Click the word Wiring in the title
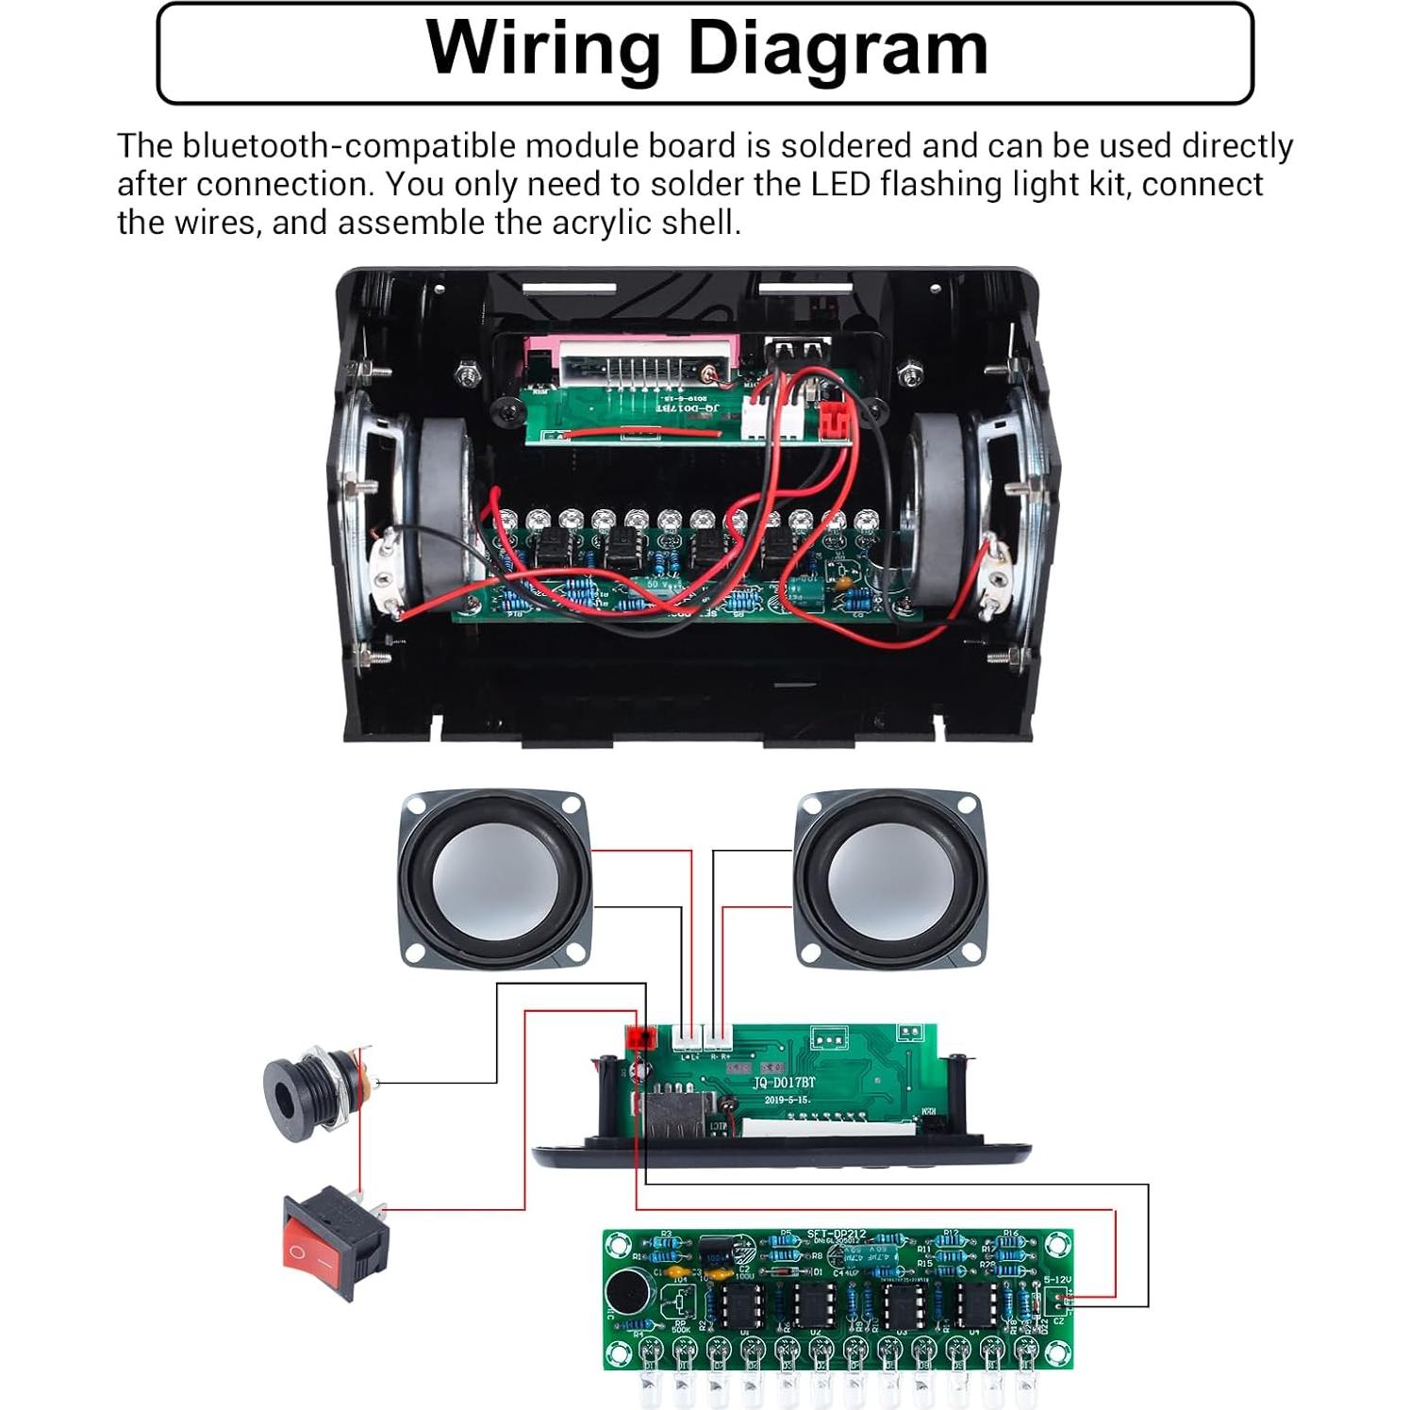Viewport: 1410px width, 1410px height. [x=541, y=49]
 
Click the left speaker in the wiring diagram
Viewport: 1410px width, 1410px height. [x=494, y=879]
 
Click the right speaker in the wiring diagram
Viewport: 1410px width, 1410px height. [x=888, y=879]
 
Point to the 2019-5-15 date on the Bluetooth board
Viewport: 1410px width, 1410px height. [x=787, y=1100]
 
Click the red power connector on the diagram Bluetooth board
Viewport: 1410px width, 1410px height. [x=640, y=1038]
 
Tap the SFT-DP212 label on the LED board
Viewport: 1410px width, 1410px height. [x=836, y=1235]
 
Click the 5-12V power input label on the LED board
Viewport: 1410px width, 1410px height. [x=1056, y=1281]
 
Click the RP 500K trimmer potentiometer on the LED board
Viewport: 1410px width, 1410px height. [x=680, y=1305]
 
